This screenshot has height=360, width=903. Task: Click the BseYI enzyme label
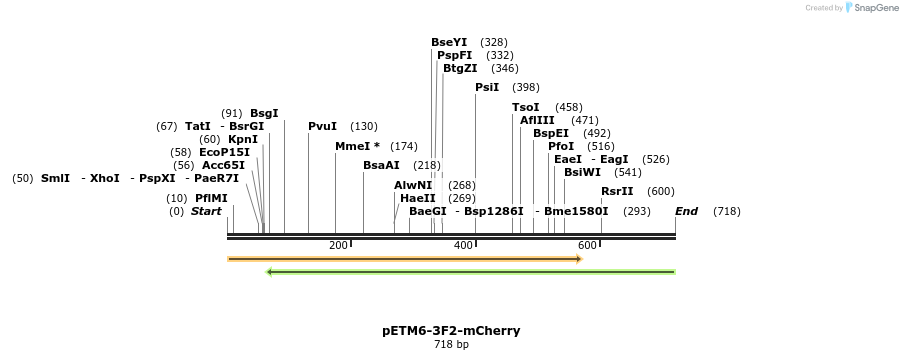click(449, 42)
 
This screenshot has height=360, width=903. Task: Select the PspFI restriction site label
click(454, 55)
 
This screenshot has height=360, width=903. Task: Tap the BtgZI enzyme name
click(460, 68)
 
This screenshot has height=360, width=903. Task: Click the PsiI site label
click(487, 87)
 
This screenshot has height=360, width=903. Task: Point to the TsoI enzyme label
click(525, 107)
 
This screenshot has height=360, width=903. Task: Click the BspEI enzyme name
click(550, 133)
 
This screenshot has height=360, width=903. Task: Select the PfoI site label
click(561, 146)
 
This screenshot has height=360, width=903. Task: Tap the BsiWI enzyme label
click(583, 172)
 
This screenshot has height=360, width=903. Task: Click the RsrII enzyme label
click(617, 191)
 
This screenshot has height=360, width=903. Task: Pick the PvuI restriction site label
click(322, 126)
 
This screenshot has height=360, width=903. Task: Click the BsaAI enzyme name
click(381, 165)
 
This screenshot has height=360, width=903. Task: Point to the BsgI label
click(264, 113)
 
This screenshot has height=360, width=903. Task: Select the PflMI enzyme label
click(211, 198)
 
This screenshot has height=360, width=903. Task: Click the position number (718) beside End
click(726, 211)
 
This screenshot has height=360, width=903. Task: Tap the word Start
click(206, 211)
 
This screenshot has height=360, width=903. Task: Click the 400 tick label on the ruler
click(463, 245)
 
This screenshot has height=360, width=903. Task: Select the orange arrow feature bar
click(405, 259)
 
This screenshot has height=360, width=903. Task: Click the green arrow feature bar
click(470, 271)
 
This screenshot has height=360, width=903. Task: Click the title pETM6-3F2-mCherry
click(451, 330)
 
